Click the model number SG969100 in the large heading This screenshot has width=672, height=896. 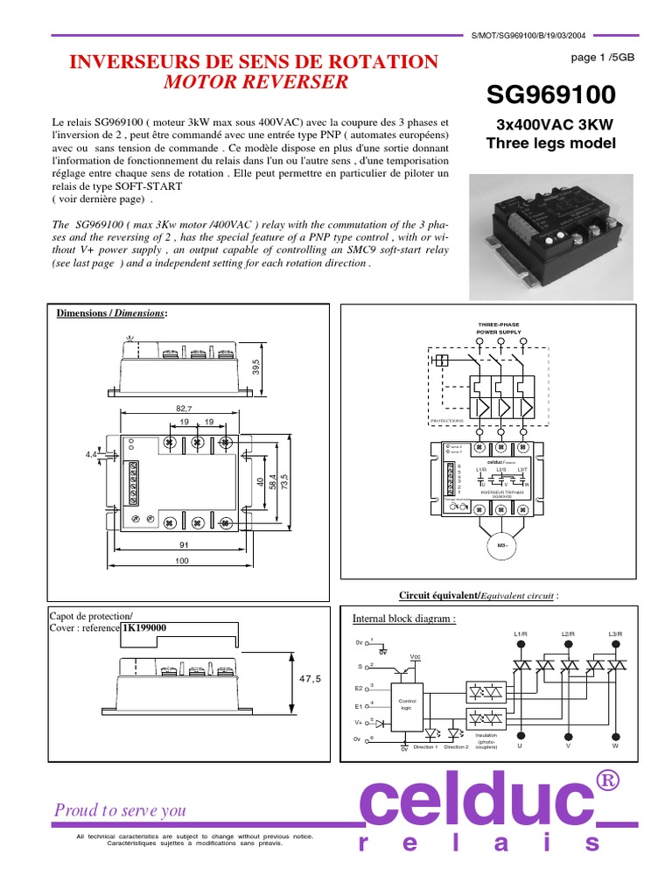551,94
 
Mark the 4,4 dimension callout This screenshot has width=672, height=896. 92,455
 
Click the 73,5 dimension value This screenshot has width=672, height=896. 283,484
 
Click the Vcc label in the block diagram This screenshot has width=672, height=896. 415,655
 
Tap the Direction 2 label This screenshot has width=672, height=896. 456,747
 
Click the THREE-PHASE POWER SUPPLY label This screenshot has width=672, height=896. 498,328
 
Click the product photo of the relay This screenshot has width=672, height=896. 551,222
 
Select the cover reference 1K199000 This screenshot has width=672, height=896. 143,627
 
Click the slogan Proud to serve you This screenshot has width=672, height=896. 120,810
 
